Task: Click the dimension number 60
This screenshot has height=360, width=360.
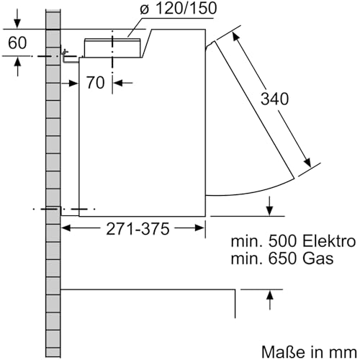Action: click(17, 43)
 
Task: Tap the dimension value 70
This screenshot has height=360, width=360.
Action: click(95, 83)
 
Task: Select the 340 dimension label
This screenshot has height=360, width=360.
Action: click(274, 99)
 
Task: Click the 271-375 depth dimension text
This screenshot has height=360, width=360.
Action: click(138, 229)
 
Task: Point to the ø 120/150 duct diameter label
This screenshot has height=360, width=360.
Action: click(179, 9)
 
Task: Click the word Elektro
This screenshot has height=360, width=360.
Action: click(329, 241)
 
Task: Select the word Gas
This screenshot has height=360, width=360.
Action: click(318, 258)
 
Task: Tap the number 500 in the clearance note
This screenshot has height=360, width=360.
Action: click(283, 241)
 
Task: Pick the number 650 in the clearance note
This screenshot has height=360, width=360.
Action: click(283, 258)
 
